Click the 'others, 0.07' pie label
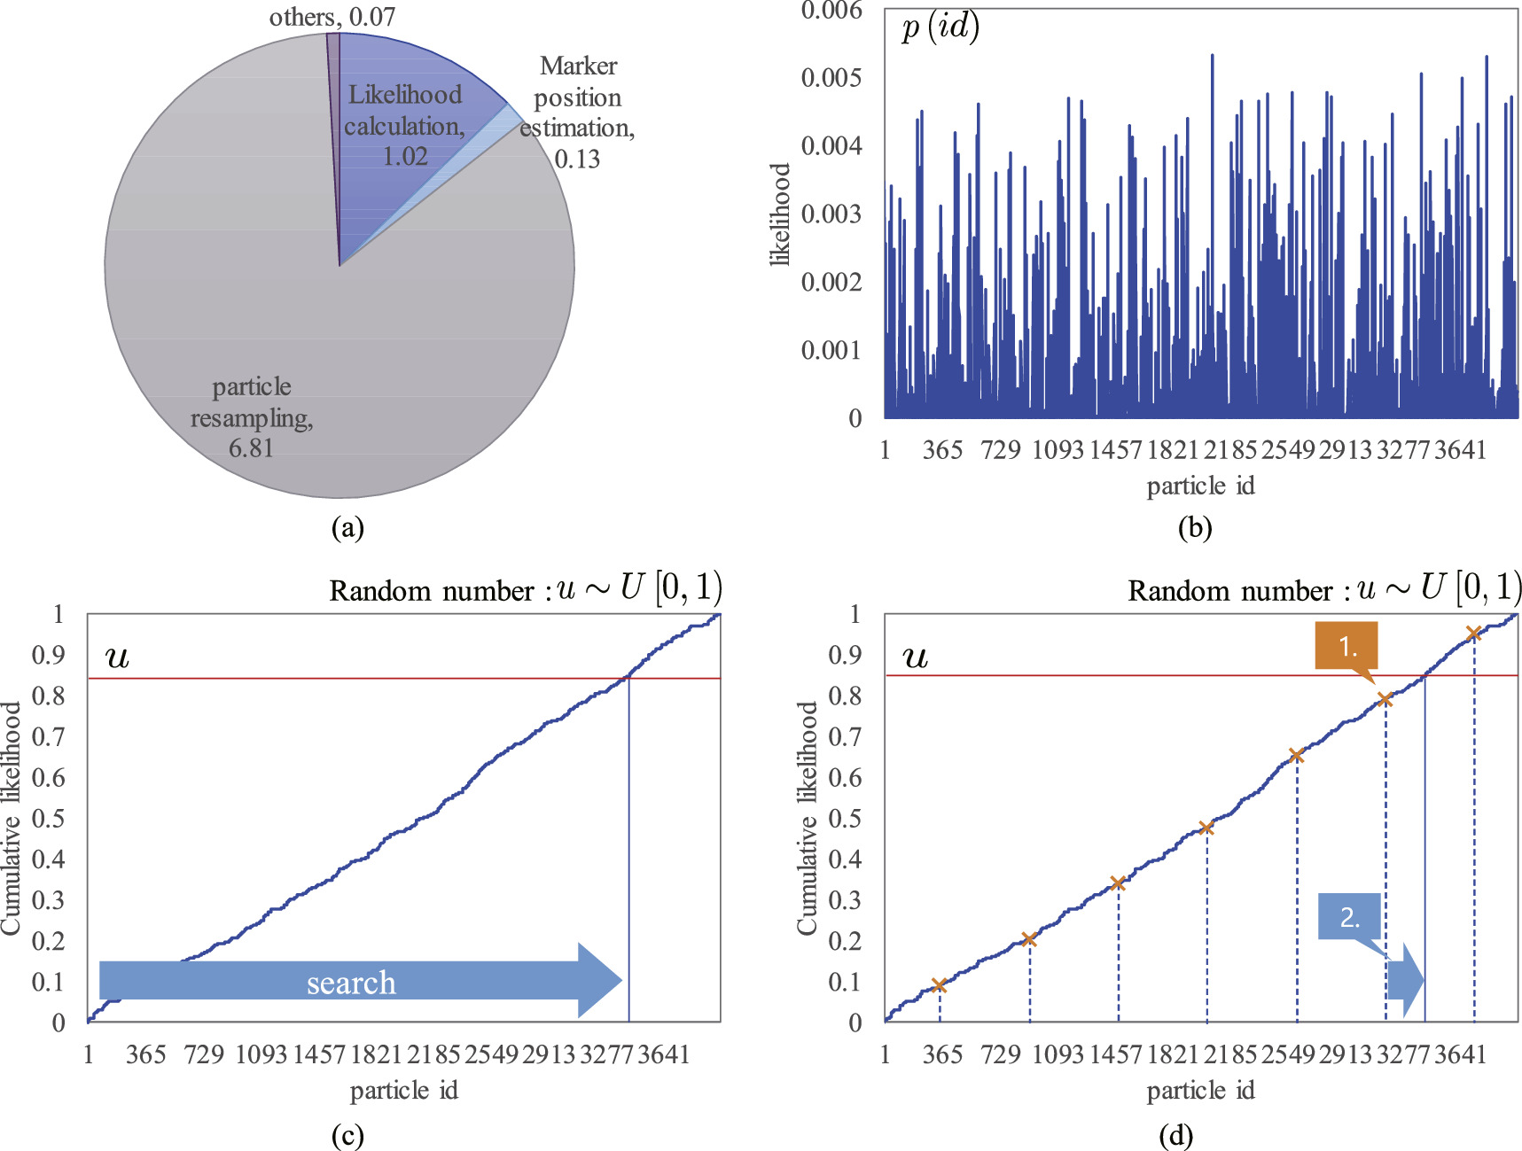pyautogui.click(x=332, y=17)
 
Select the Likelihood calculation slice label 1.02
pyautogui.click(x=405, y=156)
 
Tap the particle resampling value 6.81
pyautogui.click(x=251, y=448)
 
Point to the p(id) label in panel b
pyautogui.click(x=940, y=27)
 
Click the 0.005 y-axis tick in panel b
pyautogui.click(x=831, y=78)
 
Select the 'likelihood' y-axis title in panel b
pyautogui.click(x=779, y=214)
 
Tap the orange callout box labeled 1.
pyautogui.click(x=1346, y=645)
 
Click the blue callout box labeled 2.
pyautogui.click(x=1349, y=917)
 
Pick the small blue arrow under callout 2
pyautogui.click(x=1406, y=980)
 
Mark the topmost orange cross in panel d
pyautogui.click(x=1473, y=634)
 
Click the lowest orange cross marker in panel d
pyautogui.click(x=940, y=985)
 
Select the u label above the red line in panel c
pyautogui.click(x=117, y=657)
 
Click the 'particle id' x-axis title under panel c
pyautogui.click(x=403, y=1091)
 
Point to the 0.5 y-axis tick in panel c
pyautogui.click(x=48, y=818)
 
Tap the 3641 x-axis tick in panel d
pyautogui.click(x=1460, y=1054)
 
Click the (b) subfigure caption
pyautogui.click(x=1194, y=528)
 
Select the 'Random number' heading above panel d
pyautogui.click(x=1229, y=591)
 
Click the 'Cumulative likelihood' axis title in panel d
pyautogui.click(x=807, y=817)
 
